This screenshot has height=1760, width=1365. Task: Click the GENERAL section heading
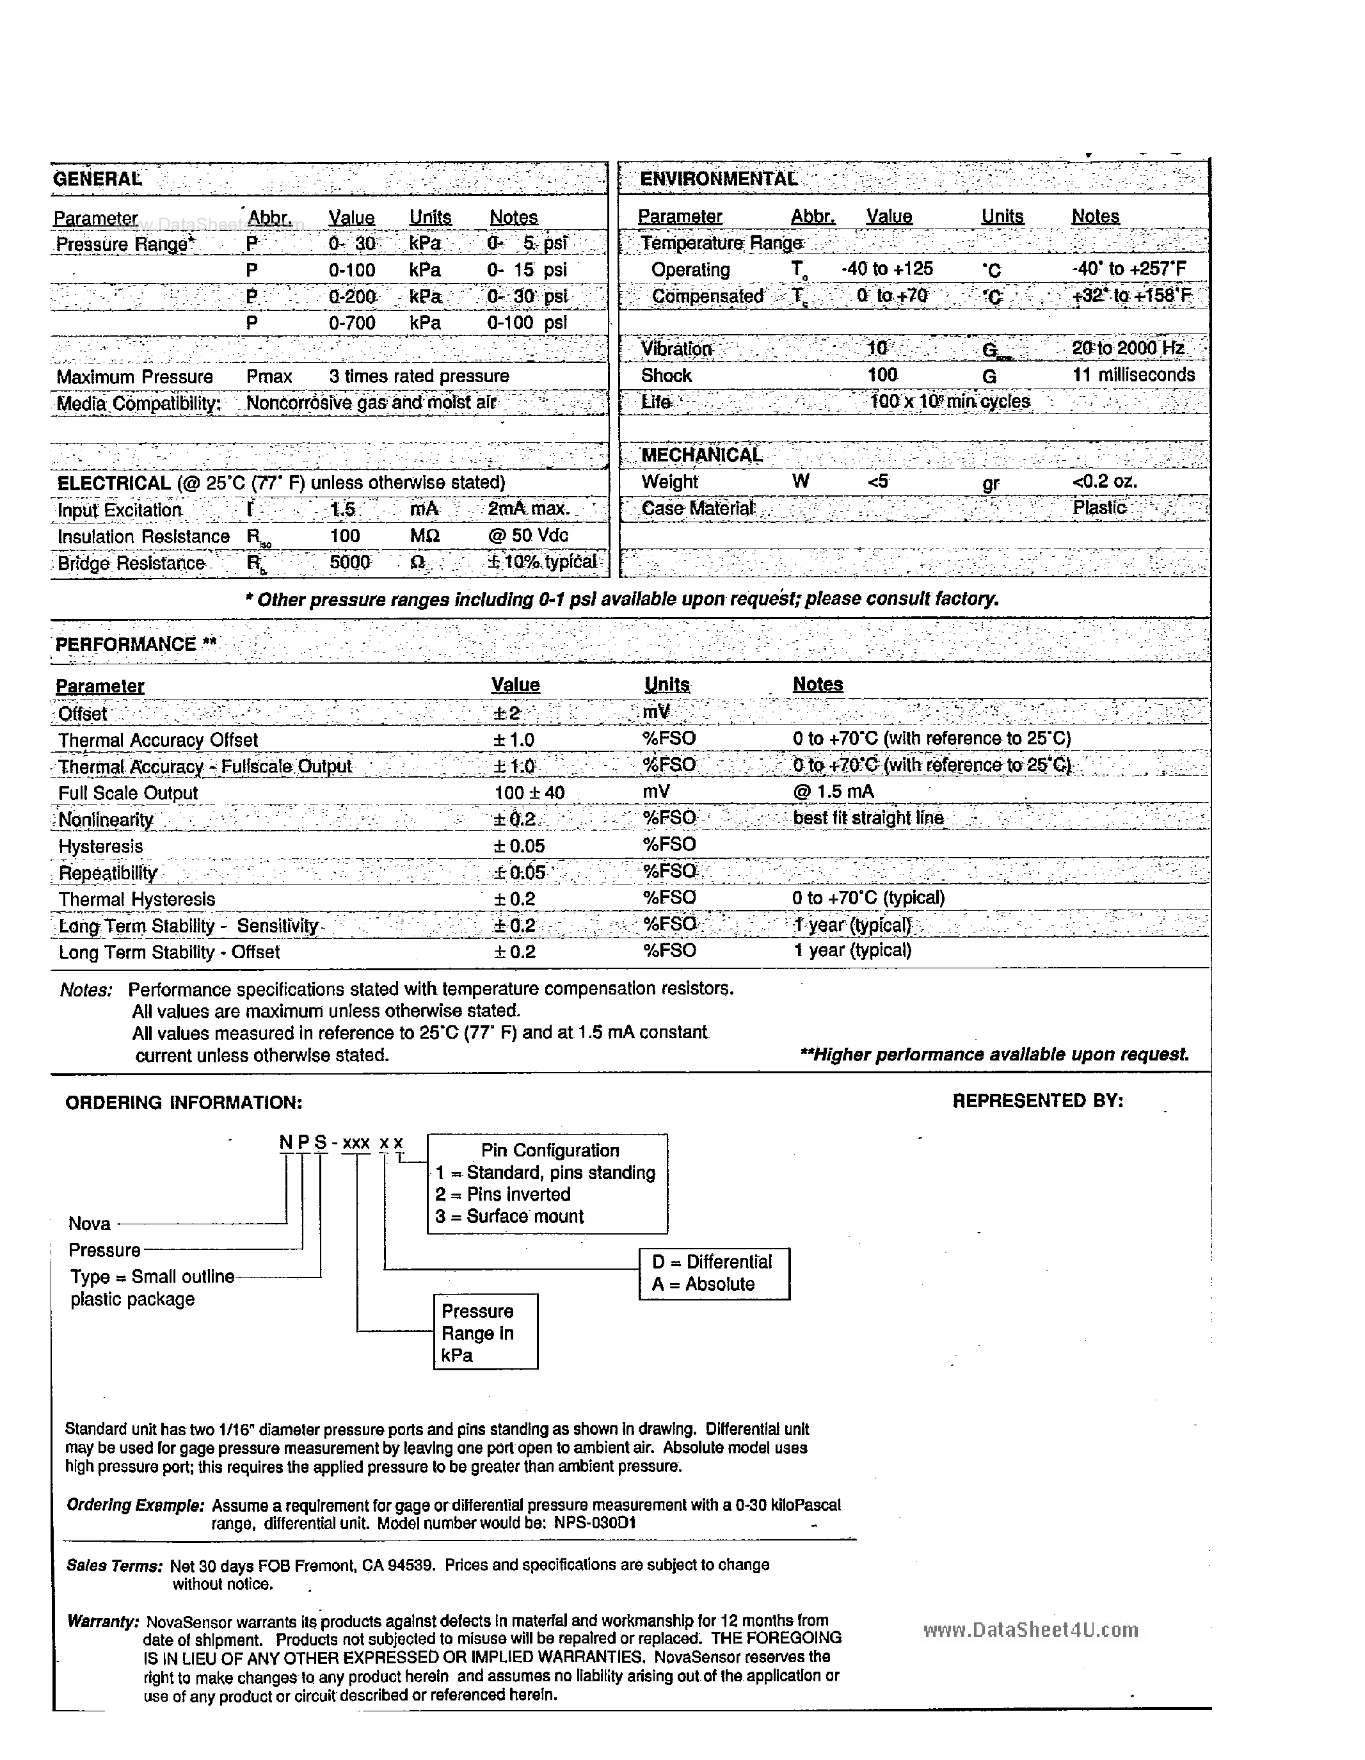(97, 179)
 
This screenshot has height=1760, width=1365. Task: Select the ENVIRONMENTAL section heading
(718, 179)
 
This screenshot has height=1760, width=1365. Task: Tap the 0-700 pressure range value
(352, 323)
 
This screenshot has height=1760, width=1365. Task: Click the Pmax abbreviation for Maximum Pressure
(269, 376)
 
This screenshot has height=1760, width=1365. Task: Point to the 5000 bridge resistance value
(349, 563)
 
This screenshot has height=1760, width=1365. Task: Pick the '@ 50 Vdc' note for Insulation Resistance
(528, 536)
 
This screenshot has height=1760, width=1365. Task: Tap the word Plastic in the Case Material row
(1099, 508)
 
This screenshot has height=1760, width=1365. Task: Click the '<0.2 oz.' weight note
(1105, 482)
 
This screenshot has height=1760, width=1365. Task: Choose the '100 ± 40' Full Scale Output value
(529, 792)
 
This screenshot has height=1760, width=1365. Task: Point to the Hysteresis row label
(100, 846)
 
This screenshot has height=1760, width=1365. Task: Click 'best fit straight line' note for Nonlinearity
(868, 818)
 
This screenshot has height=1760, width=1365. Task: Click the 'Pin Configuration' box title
(550, 1151)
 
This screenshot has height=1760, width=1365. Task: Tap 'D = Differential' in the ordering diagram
(712, 1262)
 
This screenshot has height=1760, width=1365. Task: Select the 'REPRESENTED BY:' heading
(1037, 1101)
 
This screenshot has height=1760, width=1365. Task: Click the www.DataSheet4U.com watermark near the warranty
(1030, 1630)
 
